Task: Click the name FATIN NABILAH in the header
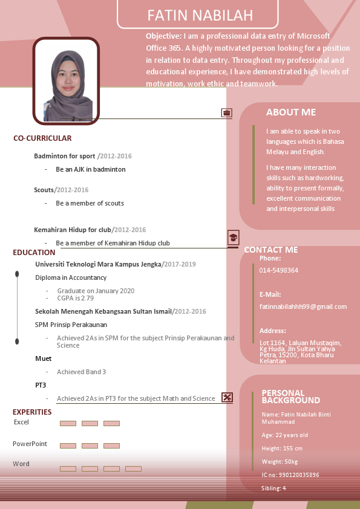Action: coord(200,16)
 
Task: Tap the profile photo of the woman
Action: coord(66,82)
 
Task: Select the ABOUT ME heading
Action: coord(291,112)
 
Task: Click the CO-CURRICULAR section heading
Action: coord(42,138)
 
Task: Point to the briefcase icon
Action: coord(227,112)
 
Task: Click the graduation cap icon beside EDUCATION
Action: coord(233,238)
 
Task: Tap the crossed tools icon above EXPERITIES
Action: coord(227,397)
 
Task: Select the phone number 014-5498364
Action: coord(278,270)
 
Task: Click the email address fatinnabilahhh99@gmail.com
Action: coord(303,306)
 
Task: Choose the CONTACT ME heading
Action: coord(271,250)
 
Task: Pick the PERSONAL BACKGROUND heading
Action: coord(291,397)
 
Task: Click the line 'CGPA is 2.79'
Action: coord(76,298)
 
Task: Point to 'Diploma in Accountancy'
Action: coord(71,277)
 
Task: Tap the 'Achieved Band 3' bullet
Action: coord(81,372)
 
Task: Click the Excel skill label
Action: coord(21,422)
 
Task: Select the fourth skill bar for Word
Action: coord(133,468)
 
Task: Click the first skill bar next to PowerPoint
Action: coord(68,446)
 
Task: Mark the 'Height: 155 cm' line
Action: coord(282,448)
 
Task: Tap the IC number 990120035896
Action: coord(290,475)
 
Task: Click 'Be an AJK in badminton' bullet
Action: coord(91,169)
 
